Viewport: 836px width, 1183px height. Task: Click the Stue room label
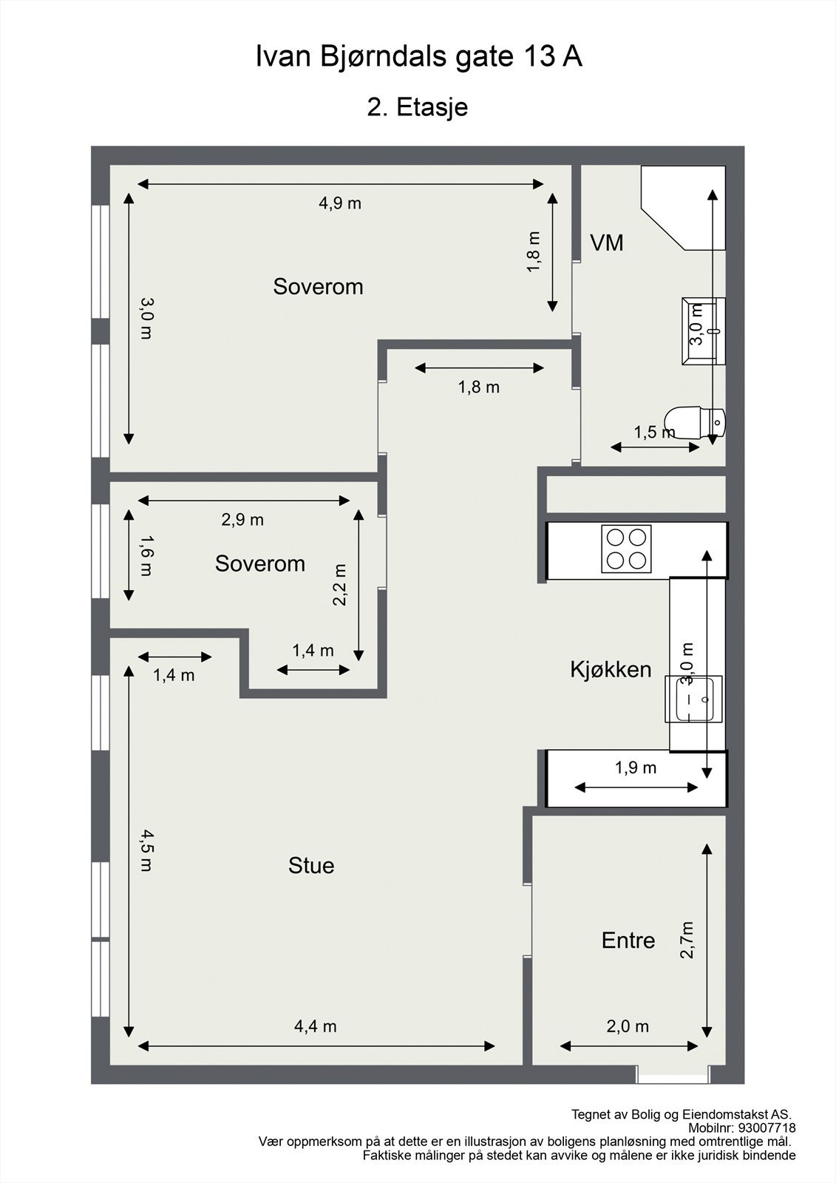(311, 866)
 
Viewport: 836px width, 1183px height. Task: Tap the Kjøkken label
(611, 670)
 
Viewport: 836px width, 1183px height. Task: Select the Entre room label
(628, 940)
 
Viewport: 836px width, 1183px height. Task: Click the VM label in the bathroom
(606, 243)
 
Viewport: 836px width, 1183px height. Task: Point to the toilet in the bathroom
(695, 422)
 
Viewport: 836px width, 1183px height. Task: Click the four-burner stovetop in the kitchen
(626, 549)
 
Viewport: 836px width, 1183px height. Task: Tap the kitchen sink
(693, 699)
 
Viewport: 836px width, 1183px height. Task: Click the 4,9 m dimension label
(340, 203)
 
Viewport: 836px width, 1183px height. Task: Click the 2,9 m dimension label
(242, 521)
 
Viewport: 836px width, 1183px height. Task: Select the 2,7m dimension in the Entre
(687, 940)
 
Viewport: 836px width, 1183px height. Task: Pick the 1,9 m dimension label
(636, 768)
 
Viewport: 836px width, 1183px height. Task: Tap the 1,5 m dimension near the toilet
(654, 433)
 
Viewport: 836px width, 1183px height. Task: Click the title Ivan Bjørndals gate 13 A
(419, 56)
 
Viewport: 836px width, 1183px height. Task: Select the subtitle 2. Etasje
(418, 108)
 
